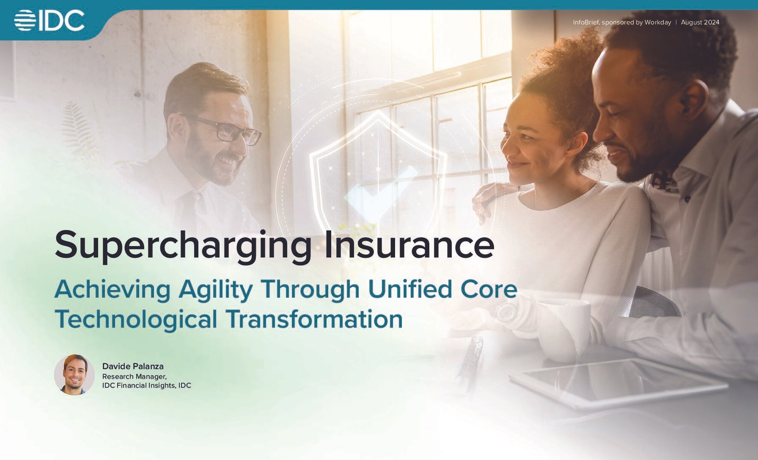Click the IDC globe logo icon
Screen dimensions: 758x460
(25, 20)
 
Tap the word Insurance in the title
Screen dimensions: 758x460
(409, 244)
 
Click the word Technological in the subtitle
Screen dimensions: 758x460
(135, 318)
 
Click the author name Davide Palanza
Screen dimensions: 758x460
(133, 366)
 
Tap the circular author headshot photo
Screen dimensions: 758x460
(74, 375)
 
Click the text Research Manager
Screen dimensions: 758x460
(135, 377)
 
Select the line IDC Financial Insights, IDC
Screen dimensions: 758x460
(146, 386)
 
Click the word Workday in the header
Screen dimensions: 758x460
(658, 22)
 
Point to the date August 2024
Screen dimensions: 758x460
(700, 22)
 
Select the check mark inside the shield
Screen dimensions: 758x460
(379, 193)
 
